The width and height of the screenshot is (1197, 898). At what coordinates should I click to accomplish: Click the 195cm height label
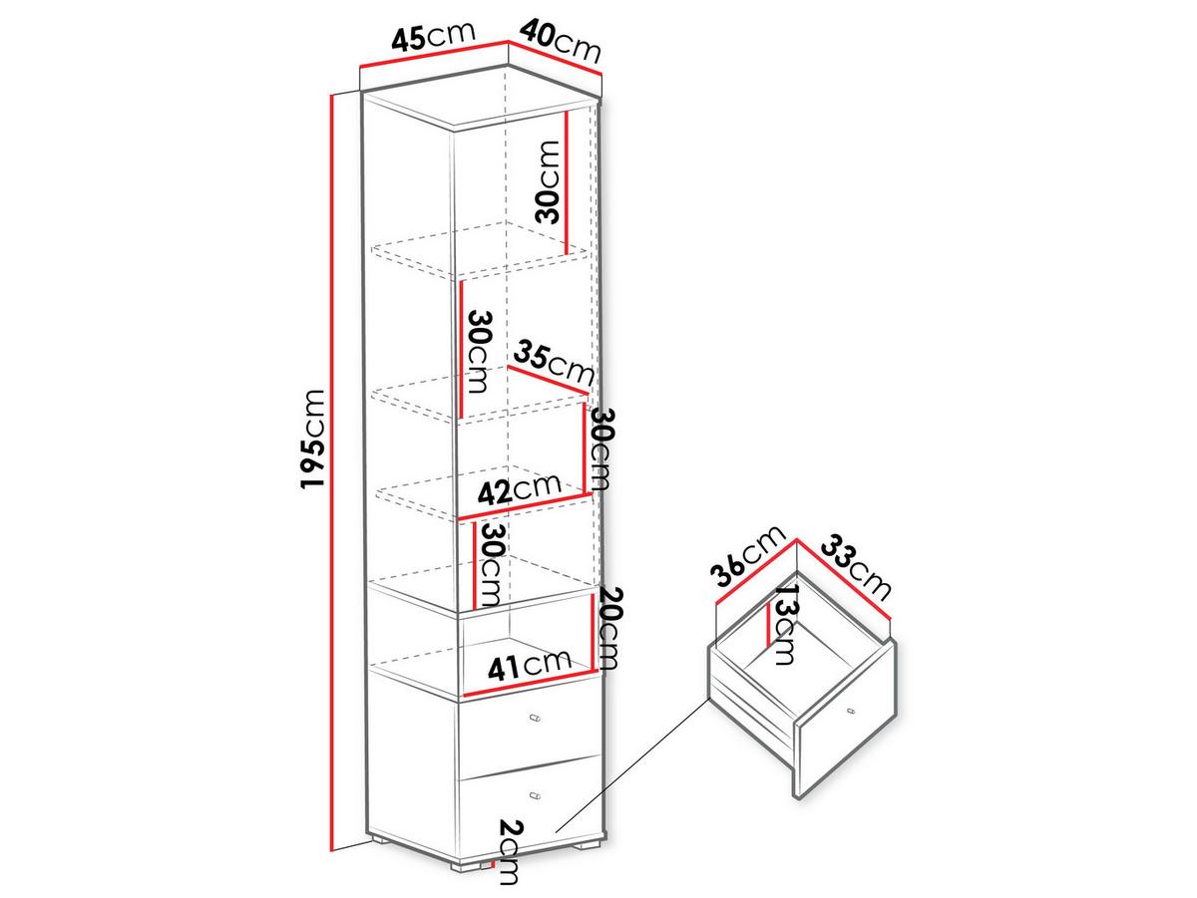[x=313, y=440]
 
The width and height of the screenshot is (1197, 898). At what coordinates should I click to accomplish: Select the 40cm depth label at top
[x=560, y=40]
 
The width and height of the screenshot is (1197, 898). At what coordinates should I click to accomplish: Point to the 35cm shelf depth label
[x=553, y=362]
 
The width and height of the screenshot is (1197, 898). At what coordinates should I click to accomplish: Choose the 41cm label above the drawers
[x=529, y=667]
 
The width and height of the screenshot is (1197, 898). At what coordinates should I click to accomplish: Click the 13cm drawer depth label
[x=786, y=625]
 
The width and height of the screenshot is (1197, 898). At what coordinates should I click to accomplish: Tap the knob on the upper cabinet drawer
[x=536, y=718]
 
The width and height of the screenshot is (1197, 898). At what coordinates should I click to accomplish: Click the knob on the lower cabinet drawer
[x=536, y=796]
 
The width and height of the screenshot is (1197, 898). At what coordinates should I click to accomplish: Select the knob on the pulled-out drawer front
[x=850, y=711]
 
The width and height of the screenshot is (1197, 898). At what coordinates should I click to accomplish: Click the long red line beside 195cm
[x=331, y=478]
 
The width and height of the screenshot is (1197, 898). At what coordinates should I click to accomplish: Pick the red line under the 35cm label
[x=548, y=380]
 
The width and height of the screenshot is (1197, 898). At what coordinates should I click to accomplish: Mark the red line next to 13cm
[x=769, y=625]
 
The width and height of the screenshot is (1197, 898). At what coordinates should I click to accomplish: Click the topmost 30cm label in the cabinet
[x=547, y=182]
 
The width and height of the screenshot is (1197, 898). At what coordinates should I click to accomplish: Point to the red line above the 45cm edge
[x=434, y=54]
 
